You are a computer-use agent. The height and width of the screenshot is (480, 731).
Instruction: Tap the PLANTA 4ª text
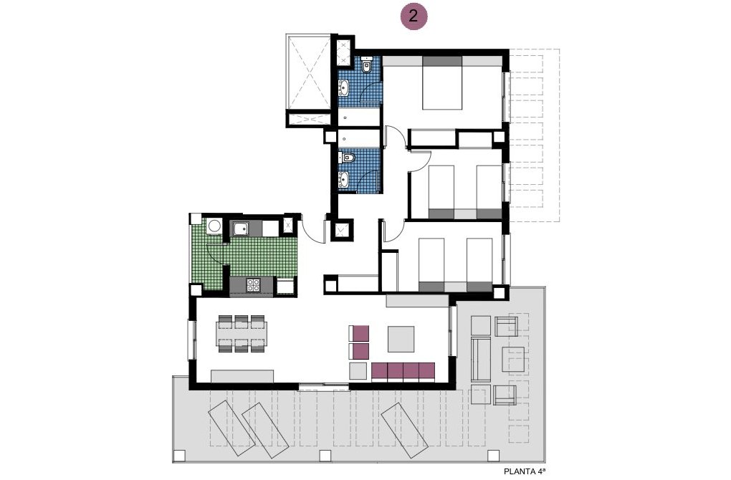(x=525, y=471)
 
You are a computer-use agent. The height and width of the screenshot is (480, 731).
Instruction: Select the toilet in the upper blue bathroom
(x=367, y=67)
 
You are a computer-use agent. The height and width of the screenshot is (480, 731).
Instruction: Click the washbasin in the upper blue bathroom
(x=344, y=89)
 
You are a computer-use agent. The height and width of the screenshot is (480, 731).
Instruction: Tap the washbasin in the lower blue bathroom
(x=344, y=179)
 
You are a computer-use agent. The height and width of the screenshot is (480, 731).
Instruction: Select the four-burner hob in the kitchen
(x=253, y=285)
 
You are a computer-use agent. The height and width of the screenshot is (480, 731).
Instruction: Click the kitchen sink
(x=240, y=229)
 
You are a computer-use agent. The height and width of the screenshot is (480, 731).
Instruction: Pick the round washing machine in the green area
(x=213, y=227)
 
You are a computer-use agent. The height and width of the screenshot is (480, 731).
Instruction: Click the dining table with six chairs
(x=242, y=333)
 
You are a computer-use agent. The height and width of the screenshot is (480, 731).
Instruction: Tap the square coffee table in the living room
(x=401, y=339)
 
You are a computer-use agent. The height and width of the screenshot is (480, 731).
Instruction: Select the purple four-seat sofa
(x=403, y=371)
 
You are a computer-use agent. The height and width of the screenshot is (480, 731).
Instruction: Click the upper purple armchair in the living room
(x=360, y=333)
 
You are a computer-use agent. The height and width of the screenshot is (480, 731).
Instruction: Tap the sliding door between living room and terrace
(x=324, y=387)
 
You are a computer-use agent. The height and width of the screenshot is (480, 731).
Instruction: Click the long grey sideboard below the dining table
(x=242, y=376)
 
